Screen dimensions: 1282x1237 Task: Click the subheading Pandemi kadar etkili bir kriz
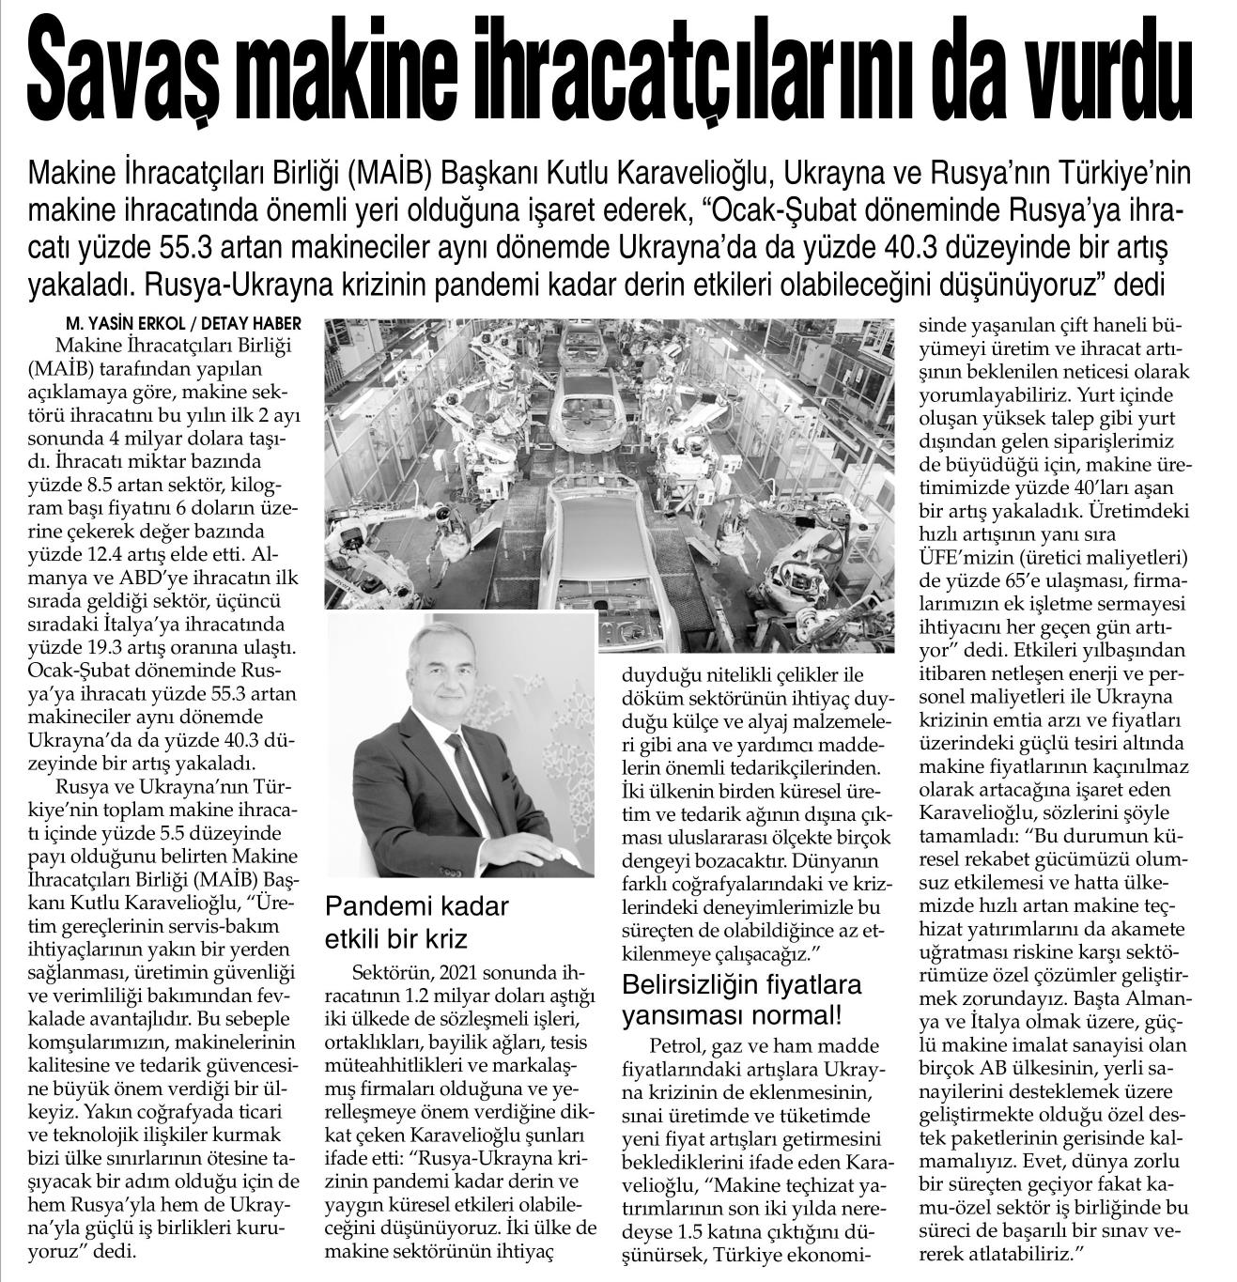click(x=416, y=923)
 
